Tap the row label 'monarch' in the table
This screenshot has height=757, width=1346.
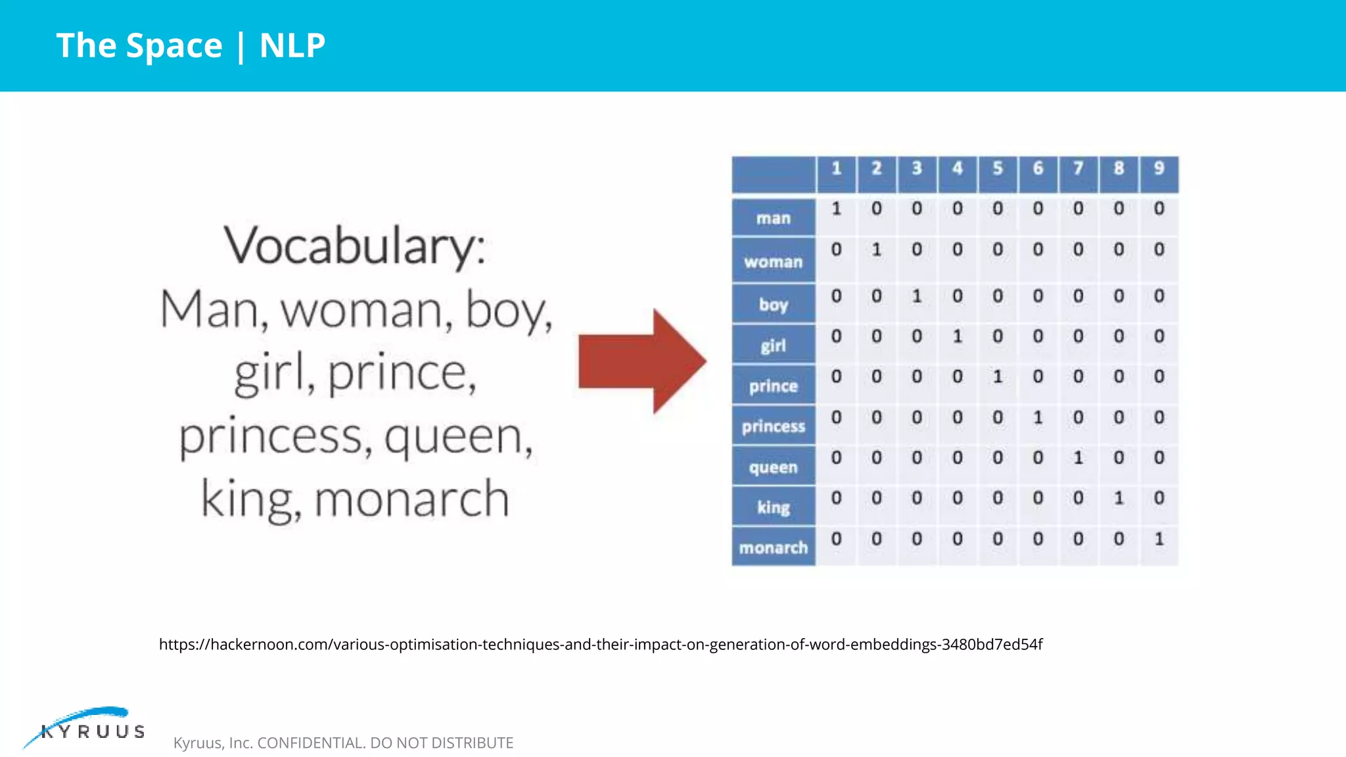pos(773,547)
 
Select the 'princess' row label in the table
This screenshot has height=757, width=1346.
pos(773,426)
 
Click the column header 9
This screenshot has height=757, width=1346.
pos(1159,168)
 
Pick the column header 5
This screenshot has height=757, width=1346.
pos(998,168)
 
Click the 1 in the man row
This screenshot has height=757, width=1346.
pos(836,209)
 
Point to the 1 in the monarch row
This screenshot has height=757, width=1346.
pos(1159,539)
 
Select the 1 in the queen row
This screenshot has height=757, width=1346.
pos(1078,457)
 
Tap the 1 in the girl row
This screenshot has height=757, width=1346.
pos(958,336)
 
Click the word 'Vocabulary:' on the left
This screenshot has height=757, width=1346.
pos(354,246)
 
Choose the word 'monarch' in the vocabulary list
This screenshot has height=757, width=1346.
pos(412,499)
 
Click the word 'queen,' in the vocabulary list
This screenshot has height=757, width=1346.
pos(459,436)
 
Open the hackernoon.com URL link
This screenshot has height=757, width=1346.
pos(600,644)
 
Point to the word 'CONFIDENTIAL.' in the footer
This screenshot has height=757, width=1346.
pos(312,743)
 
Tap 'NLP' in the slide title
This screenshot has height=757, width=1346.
pos(292,45)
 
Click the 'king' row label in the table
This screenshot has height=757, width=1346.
pos(773,507)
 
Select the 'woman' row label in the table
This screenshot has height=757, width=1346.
pos(773,262)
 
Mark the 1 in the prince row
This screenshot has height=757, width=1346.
pos(998,377)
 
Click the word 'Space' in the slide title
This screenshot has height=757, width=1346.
pos(174,45)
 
